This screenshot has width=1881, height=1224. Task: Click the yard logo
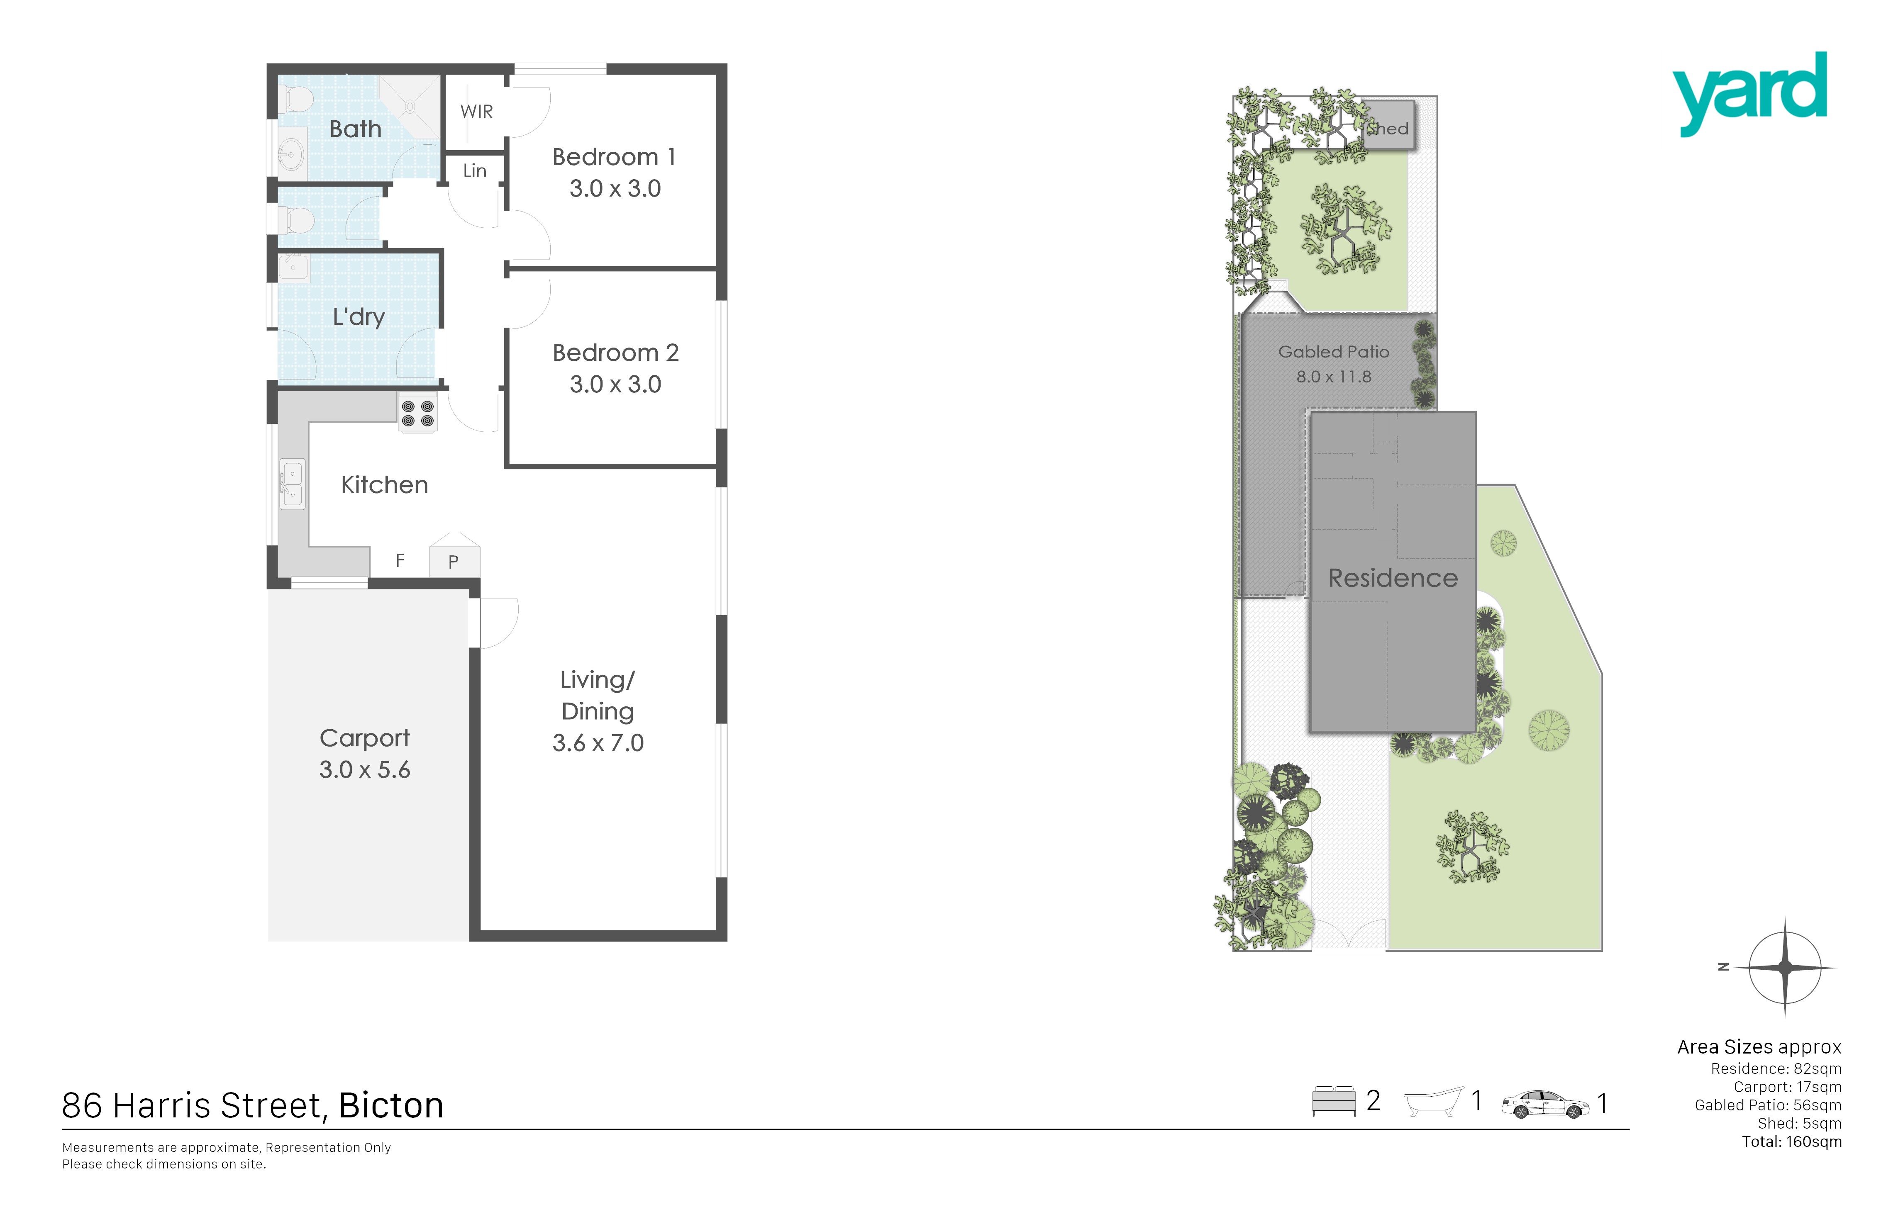coord(1749,93)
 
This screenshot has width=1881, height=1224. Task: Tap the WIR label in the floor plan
coord(476,112)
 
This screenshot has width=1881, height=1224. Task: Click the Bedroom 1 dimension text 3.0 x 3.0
coord(615,188)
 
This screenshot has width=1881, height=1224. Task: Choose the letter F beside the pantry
coord(400,560)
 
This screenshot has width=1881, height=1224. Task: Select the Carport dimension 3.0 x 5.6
coord(364,770)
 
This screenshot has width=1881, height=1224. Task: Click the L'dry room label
coord(358,317)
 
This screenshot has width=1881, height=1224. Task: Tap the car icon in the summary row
coord(1545,1104)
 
